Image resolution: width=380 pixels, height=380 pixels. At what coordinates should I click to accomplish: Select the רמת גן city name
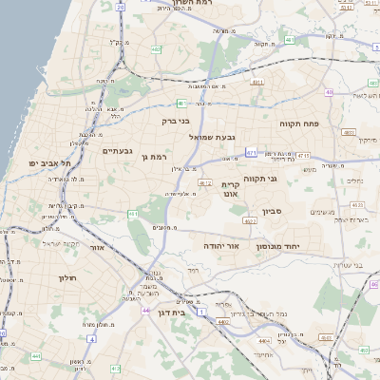click(x=152, y=156)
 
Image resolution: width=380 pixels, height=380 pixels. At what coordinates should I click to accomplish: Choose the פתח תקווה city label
click(x=298, y=124)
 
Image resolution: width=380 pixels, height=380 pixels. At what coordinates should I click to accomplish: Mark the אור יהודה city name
click(x=220, y=245)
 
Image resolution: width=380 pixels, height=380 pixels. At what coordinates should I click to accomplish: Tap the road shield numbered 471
click(x=251, y=153)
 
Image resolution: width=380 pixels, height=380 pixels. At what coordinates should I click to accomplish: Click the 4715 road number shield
click(x=303, y=156)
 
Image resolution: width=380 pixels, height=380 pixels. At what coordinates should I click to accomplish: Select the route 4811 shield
click(x=256, y=84)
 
